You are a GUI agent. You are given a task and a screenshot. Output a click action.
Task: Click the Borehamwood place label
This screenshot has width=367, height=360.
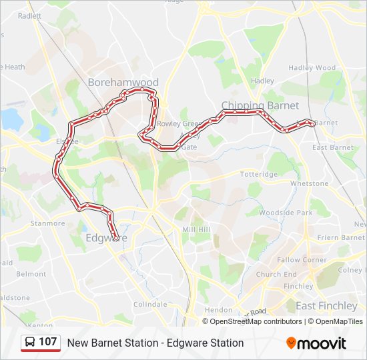123,83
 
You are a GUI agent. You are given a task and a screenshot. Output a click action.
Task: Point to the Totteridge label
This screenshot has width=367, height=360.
259,174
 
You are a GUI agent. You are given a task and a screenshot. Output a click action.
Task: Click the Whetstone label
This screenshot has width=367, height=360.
309,183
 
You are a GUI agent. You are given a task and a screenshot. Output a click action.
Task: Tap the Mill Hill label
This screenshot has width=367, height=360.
196,229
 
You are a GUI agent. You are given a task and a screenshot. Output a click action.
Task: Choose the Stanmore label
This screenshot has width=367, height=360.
47,223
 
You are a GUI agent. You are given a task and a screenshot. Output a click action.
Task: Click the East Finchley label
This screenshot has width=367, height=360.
326,306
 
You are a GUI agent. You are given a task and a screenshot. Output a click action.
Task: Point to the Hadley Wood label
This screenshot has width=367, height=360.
312,68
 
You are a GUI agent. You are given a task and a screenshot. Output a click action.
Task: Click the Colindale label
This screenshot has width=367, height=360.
150,304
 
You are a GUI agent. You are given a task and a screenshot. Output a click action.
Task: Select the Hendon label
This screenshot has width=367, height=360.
218,310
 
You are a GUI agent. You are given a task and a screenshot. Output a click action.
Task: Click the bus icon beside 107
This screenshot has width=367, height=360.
30,343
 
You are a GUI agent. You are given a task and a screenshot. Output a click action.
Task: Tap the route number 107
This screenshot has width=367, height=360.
48,342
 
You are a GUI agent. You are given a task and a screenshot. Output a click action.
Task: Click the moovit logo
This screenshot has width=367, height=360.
316,343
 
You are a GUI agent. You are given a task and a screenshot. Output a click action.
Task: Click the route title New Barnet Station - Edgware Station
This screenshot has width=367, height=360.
155,343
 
